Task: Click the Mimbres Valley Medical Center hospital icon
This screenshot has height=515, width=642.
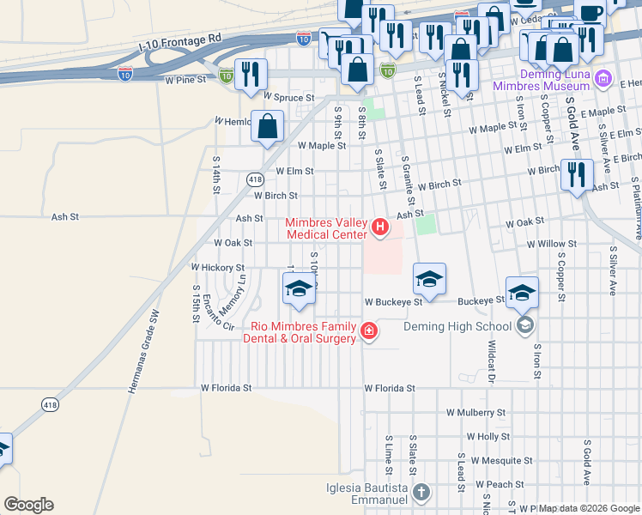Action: pyautogui.click(x=380, y=228)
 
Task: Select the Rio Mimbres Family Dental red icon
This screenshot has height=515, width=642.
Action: pyautogui.click(x=368, y=331)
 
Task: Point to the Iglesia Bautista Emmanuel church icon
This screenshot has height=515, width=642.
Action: pyautogui.click(x=421, y=492)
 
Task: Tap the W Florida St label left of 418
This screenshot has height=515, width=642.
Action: pyautogui.click(x=226, y=388)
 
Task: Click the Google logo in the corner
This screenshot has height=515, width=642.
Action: pyautogui.click(x=28, y=505)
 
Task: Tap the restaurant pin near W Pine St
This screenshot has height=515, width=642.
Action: pyautogui.click(x=251, y=74)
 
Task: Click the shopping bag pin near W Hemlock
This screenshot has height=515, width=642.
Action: pyautogui.click(x=268, y=126)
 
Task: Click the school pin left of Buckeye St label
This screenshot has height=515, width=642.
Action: pyautogui.click(x=429, y=279)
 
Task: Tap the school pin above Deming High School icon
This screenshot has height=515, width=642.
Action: pyautogui.click(x=522, y=293)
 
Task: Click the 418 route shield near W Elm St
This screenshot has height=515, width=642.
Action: pyautogui.click(x=254, y=179)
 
